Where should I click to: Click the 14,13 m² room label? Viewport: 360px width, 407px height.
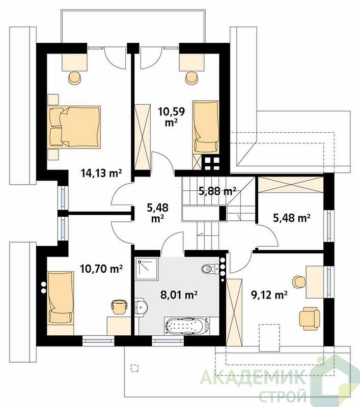click(101, 173)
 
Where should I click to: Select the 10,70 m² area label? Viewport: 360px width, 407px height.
click(101, 269)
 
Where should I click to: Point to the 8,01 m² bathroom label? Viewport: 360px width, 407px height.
click(179, 295)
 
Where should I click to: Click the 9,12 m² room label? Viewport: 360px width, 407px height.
click(269, 295)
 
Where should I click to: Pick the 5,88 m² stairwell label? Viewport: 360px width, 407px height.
click(217, 191)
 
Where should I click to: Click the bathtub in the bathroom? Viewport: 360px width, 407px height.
click(187, 326)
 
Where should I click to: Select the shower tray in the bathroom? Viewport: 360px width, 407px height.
click(146, 269)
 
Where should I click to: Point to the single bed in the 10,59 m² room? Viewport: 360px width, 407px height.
click(206, 127)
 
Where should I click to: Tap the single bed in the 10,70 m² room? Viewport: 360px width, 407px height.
click(61, 298)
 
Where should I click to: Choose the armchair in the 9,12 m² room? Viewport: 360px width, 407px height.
click(309, 318)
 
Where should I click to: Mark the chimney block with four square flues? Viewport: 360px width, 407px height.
click(211, 163)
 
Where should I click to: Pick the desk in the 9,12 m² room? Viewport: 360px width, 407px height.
click(315, 282)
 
